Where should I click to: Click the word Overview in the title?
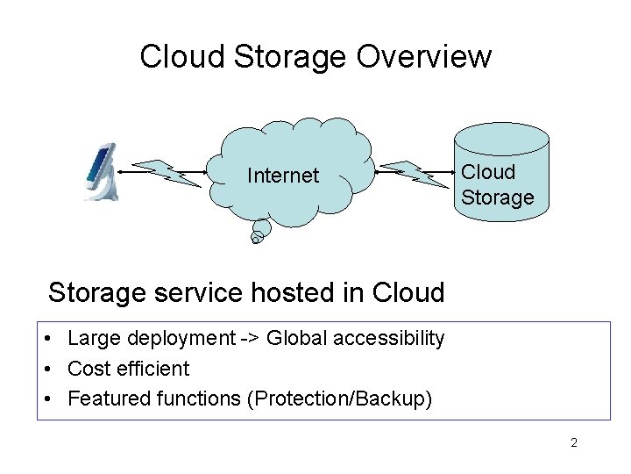(x=424, y=57)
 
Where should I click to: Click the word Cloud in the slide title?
(x=182, y=57)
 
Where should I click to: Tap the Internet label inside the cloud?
(x=283, y=176)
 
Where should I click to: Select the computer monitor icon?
(x=101, y=172)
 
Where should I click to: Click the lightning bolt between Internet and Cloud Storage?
(x=415, y=174)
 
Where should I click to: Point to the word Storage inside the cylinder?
(x=498, y=197)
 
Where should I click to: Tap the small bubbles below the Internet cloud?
(x=258, y=233)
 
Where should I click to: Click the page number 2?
(x=573, y=443)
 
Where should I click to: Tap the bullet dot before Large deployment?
(x=53, y=339)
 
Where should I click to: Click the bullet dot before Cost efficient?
(x=53, y=369)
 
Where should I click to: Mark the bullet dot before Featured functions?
(x=53, y=399)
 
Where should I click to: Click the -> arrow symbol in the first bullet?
(x=251, y=339)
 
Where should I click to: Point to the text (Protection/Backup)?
(x=340, y=399)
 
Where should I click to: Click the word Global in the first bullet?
(x=295, y=339)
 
